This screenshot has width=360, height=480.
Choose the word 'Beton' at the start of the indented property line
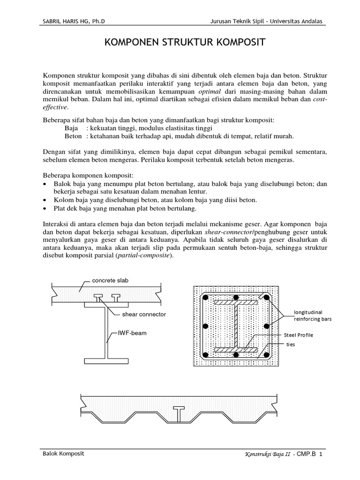click(74, 136)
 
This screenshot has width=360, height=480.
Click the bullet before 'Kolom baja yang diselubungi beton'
click(45, 200)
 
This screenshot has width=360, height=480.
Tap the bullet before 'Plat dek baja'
click(45, 209)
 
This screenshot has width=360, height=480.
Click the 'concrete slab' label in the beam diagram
click(110, 280)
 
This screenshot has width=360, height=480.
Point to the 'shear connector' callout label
click(144, 314)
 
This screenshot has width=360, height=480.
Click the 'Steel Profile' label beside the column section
click(298, 335)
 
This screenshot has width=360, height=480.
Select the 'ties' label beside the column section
click(292, 344)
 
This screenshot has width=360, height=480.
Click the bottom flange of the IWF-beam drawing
click(107, 360)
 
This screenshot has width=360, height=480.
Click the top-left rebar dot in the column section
click(205, 298)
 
